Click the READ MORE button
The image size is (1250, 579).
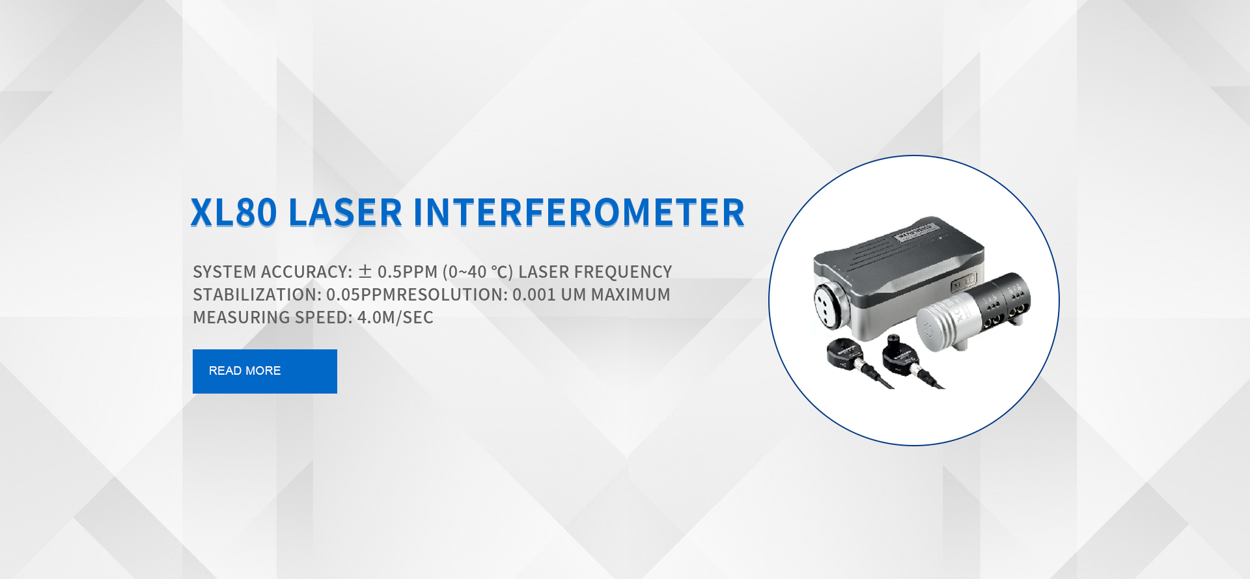pyautogui.click(x=264, y=371)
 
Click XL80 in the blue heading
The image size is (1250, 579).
pyautogui.click(x=234, y=213)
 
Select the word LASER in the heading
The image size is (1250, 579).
pyautogui.click(x=345, y=213)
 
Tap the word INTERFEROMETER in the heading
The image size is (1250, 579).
pyautogui.click(x=579, y=213)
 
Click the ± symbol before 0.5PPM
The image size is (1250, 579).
pyautogui.click(x=365, y=271)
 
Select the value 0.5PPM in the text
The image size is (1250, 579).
pyautogui.click(x=408, y=272)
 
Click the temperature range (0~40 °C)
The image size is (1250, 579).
pyautogui.click(x=478, y=272)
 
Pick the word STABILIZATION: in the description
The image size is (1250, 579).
pyautogui.click(x=257, y=295)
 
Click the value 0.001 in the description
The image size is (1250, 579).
pyautogui.click(x=534, y=295)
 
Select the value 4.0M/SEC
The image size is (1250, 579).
pyautogui.click(x=395, y=317)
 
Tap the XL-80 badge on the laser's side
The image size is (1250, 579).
pyautogui.click(x=964, y=282)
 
